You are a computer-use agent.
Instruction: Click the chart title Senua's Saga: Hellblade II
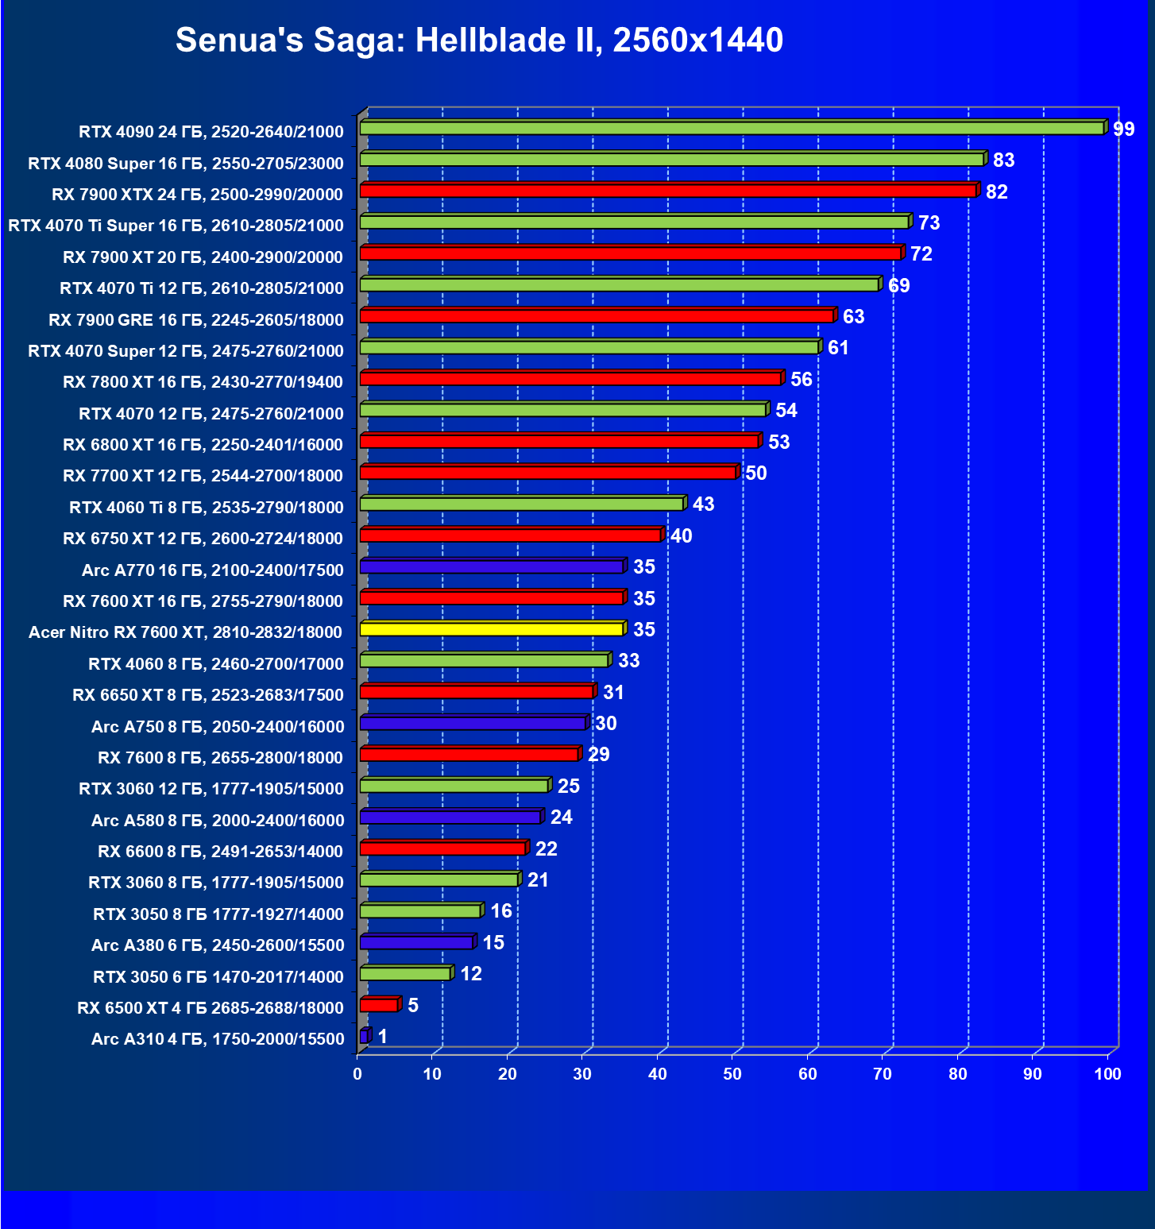pyautogui.click(x=479, y=40)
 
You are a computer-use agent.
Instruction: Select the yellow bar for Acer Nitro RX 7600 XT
pyautogui.click(x=492, y=629)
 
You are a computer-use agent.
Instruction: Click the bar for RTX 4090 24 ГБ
pyautogui.click(x=731, y=129)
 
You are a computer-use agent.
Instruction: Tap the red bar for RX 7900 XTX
pyautogui.click(x=667, y=191)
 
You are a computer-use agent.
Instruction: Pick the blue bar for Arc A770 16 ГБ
pyautogui.click(x=492, y=566)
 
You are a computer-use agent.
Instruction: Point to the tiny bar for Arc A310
pyautogui.click(x=364, y=1036)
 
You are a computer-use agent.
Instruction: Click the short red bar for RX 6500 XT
pyautogui.click(x=379, y=1005)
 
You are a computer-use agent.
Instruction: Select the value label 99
pyautogui.click(x=1123, y=129)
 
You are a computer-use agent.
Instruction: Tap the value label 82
pyautogui.click(x=996, y=191)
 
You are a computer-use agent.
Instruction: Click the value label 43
pyautogui.click(x=703, y=504)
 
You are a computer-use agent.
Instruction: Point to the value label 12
pyautogui.click(x=471, y=974)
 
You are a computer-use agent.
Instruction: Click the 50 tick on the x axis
pyautogui.click(x=732, y=1074)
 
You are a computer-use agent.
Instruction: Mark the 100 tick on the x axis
pyautogui.click(x=1107, y=1074)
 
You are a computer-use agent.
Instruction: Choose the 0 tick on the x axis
pyautogui.click(x=357, y=1074)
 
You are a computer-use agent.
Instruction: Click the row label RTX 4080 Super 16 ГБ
pyautogui.click(x=186, y=164)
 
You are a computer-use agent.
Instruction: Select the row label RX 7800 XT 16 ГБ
pyautogui.click(x=203, y=382)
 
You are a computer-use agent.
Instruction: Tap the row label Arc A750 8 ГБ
pyautogui.click(x=218, y=727)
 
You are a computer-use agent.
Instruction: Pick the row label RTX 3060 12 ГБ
pyautogui.click(x=211, y=789)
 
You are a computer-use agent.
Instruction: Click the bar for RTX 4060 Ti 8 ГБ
pyautogui.click(x=522, y=504)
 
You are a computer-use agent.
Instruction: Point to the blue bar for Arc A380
pyautogui.click(x=416, y=942)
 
